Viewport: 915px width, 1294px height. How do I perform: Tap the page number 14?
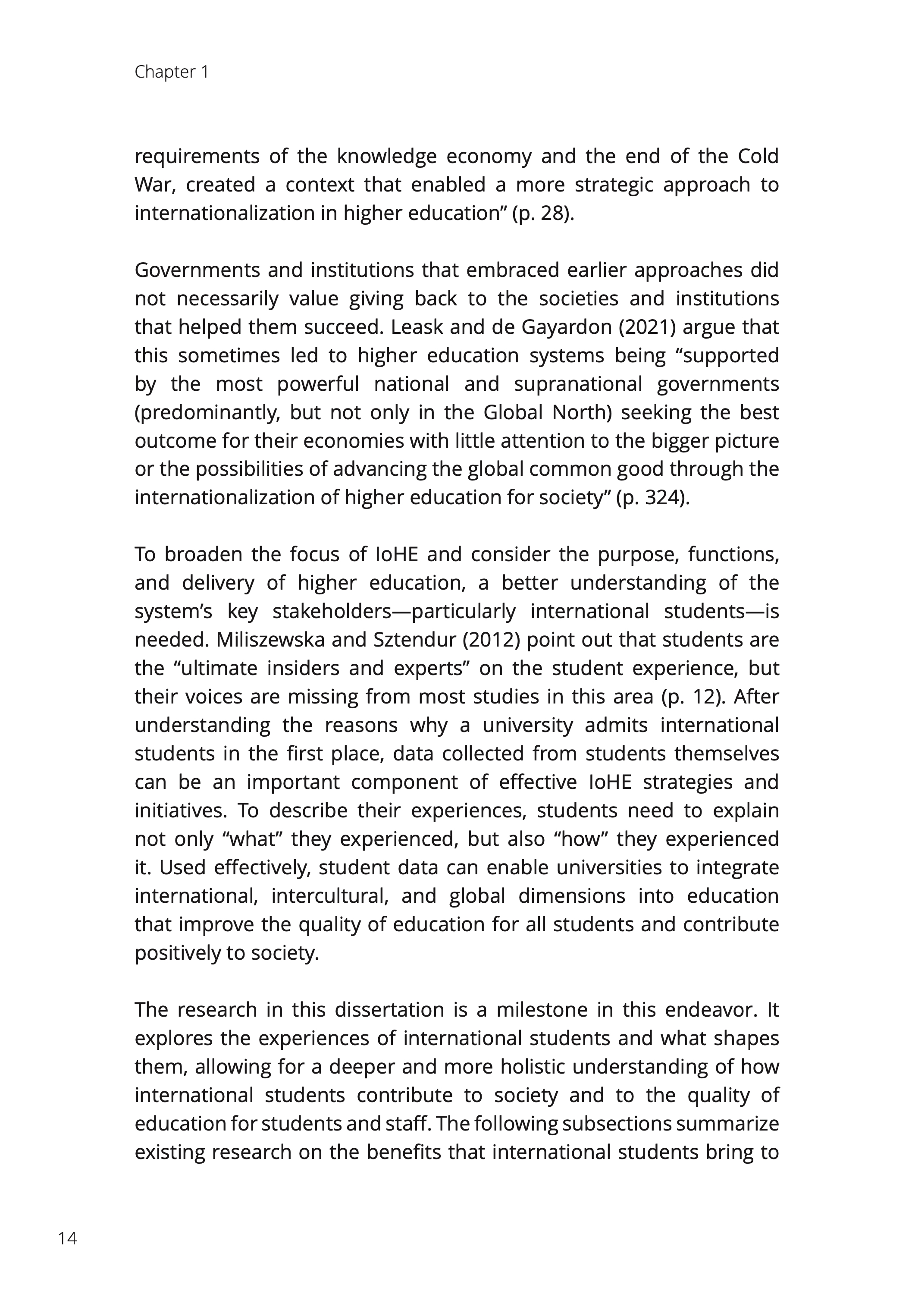68,1238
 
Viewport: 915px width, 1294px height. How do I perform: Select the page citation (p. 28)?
542,214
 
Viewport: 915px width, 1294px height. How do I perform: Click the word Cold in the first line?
758,156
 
